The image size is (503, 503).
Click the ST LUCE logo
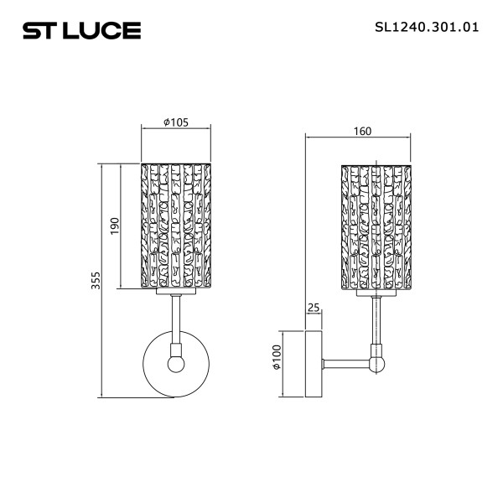click(x=80, y=31)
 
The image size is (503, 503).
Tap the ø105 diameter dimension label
click(x=175, y=122)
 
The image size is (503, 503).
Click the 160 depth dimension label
click(x=363, y=131)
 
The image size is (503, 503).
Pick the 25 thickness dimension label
click(x=314, y=309)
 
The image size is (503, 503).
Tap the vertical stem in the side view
click(x=377, y=323)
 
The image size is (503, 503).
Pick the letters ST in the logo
click(x=39, y=31)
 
